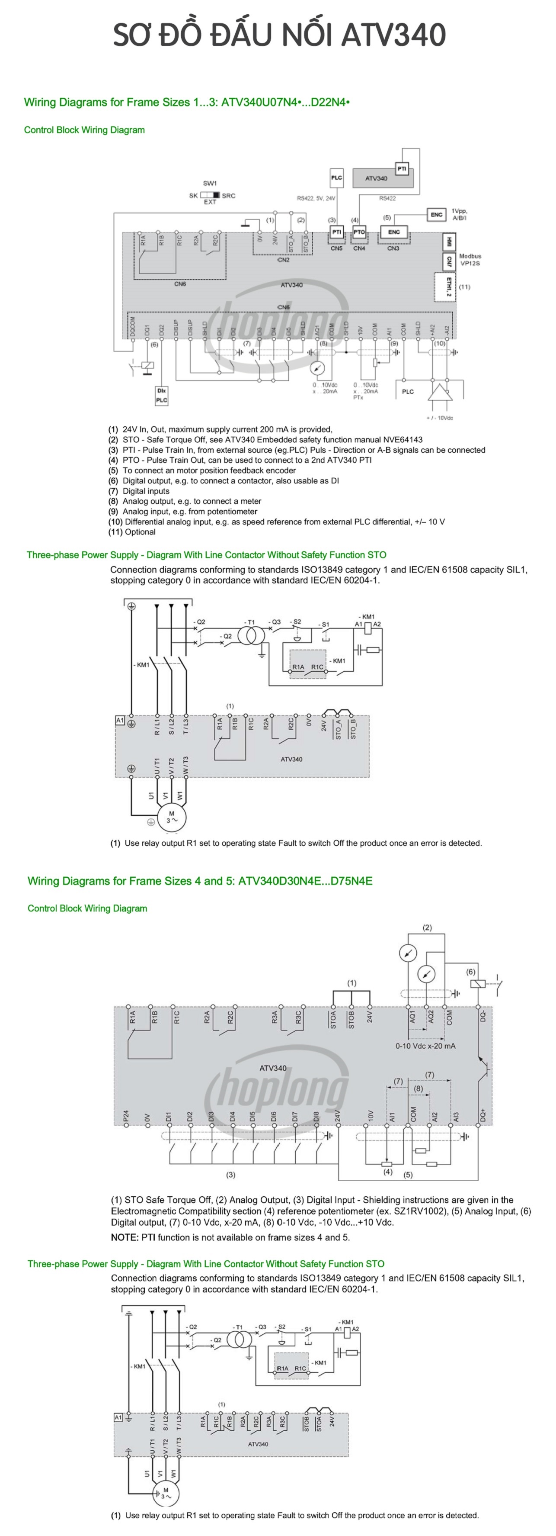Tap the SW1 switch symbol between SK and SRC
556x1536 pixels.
[x=210, y=195]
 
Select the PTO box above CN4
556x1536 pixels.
[x=359, y=232]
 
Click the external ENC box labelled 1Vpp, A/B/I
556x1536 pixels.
[x=436, y=215]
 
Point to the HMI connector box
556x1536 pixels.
[x=449, y=242]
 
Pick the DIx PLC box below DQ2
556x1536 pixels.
[x=162, y=395]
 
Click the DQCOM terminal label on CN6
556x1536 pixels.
[x=133, y=327]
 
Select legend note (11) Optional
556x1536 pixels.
[x=132, y=532]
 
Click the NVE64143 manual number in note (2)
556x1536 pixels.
[x=402, y=439]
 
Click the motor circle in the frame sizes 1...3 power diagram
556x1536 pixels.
[x=172, y=817]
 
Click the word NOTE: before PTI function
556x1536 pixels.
[x=125, y=1237]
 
